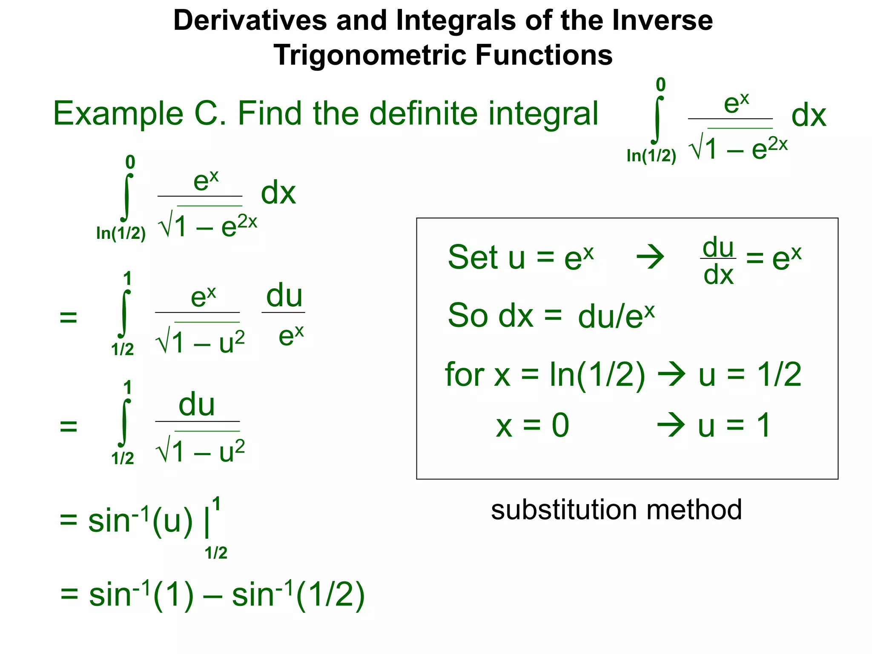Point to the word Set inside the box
coord(473,258)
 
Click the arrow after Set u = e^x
coord(650,257)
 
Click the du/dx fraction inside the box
coord(718,261)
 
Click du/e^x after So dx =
coord(616,316)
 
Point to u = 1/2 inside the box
coord(749,375)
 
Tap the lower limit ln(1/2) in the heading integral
coord(651,156)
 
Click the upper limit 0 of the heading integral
coord(660,85)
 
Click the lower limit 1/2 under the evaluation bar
coord(216,553)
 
